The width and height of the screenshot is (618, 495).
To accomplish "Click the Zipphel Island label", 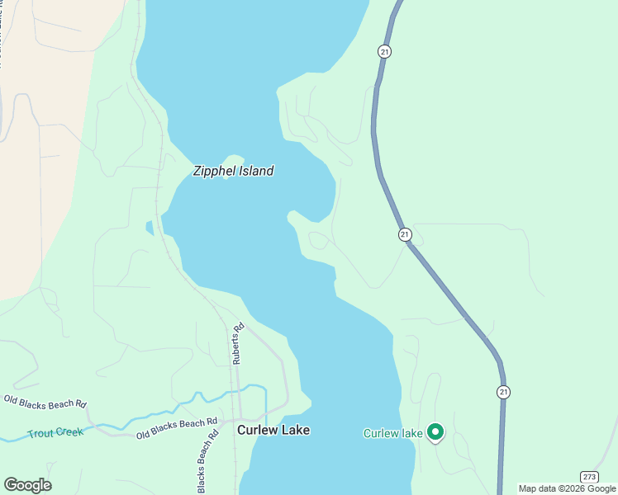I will tap(232, 172).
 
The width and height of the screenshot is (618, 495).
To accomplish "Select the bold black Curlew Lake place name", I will tap(273, 430).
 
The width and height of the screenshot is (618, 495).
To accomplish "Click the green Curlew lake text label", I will tap(393, 433).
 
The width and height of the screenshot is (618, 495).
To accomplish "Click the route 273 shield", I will tap(588, 477).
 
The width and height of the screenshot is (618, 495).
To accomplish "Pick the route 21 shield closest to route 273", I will tap(503, 392).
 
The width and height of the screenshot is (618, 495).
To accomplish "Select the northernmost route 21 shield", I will tap(385, 51).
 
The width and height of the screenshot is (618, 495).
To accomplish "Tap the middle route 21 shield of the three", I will tap(404, 234).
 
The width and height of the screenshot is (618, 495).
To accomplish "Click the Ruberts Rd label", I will tap(238, 343).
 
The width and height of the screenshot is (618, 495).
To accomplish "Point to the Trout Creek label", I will tap(55, 433).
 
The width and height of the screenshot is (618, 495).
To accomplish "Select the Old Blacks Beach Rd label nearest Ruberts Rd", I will tap(177, 428).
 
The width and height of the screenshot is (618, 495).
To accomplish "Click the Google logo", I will tap(27, 485).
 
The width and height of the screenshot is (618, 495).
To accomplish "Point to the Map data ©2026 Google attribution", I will tap(567, 488).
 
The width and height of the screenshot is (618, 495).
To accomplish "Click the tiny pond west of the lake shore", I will tap(150, 228).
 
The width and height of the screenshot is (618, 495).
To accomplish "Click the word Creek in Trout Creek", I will tap(69, 433).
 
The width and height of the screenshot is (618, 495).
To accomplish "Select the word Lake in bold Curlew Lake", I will tap(295, 430).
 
